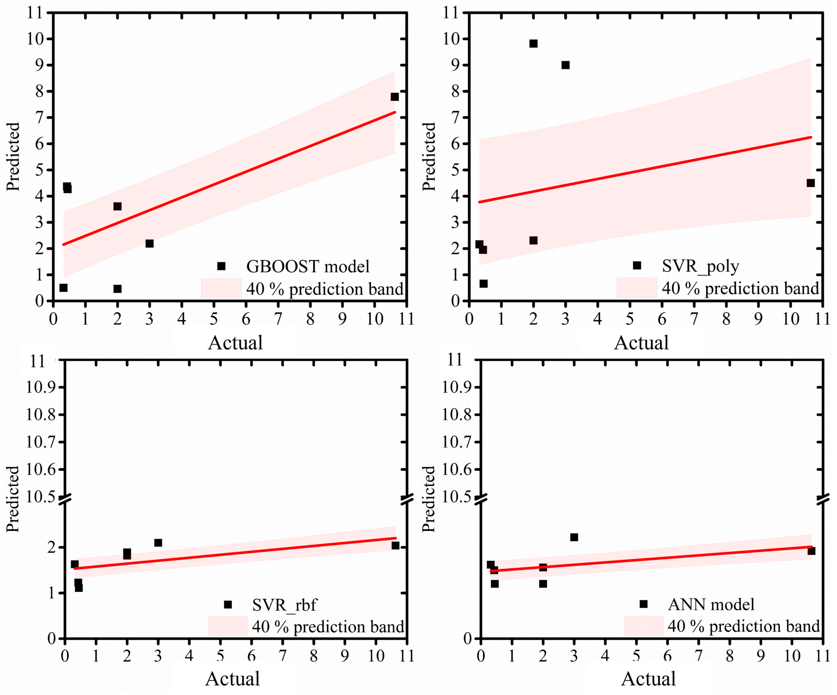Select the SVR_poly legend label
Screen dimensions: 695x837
(x=700, y=266)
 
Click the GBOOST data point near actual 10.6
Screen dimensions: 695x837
(x=395, y=97)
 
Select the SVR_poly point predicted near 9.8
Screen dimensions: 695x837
(x=533, y=43)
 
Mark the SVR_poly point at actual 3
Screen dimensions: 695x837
(x=565, y=65)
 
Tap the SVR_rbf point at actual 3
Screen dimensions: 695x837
(x=158, y=543)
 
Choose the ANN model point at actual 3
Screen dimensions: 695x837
(x=574, y=537)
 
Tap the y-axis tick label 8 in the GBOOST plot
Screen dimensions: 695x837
(x=39, y=91)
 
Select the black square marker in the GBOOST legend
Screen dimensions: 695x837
(x=221, y=266)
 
